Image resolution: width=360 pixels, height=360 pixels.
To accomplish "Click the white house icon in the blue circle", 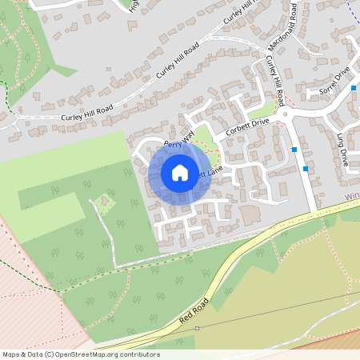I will (x=180, y=172).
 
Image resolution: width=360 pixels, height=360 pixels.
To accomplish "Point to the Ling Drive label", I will (x=342, y=148).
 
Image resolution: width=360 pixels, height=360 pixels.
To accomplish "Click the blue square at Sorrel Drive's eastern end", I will (x=353, y=87).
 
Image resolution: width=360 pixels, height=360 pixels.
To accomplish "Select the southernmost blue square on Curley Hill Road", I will (x=306, y=169).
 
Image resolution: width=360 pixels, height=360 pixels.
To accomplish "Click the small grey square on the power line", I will (x=198, y=327).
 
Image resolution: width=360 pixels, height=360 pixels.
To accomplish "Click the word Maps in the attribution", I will (x=12, y=354).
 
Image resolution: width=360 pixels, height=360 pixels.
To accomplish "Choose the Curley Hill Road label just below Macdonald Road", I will (x=275, y=80).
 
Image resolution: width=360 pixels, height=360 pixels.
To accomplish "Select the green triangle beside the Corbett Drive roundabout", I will (x=262, y=112).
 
